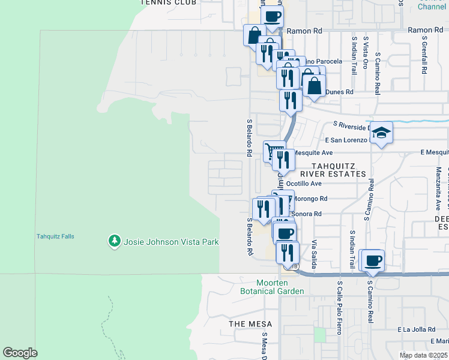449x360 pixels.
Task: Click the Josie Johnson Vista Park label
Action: tap(171, 242)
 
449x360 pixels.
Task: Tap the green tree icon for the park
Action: tap(114, 241)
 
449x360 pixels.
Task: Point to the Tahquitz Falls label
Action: tap(55, 236)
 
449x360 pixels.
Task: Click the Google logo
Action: tap(20, 353)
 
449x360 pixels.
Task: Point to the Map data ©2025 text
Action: tap(423, 355)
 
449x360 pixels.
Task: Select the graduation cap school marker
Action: tap(381, 132)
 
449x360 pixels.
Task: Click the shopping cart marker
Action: tap(274, 150)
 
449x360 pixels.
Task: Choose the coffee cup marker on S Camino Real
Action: tap(373, 260)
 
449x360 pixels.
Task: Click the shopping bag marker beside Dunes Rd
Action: tap(315, 85)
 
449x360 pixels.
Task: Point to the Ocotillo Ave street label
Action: tap(304, 184)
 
